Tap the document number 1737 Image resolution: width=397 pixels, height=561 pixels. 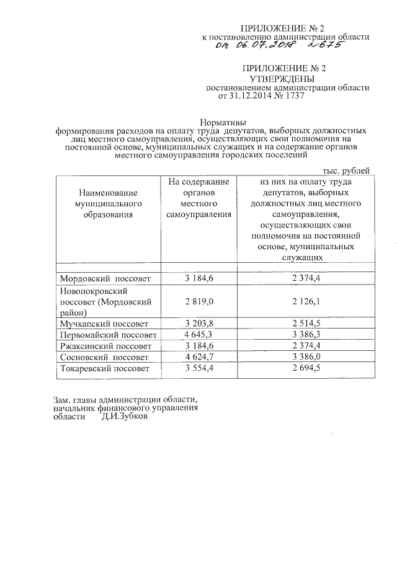(295, 97)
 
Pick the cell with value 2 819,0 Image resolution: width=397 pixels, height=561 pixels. (198, 301)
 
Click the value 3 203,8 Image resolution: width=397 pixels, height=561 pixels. (198, 324)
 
